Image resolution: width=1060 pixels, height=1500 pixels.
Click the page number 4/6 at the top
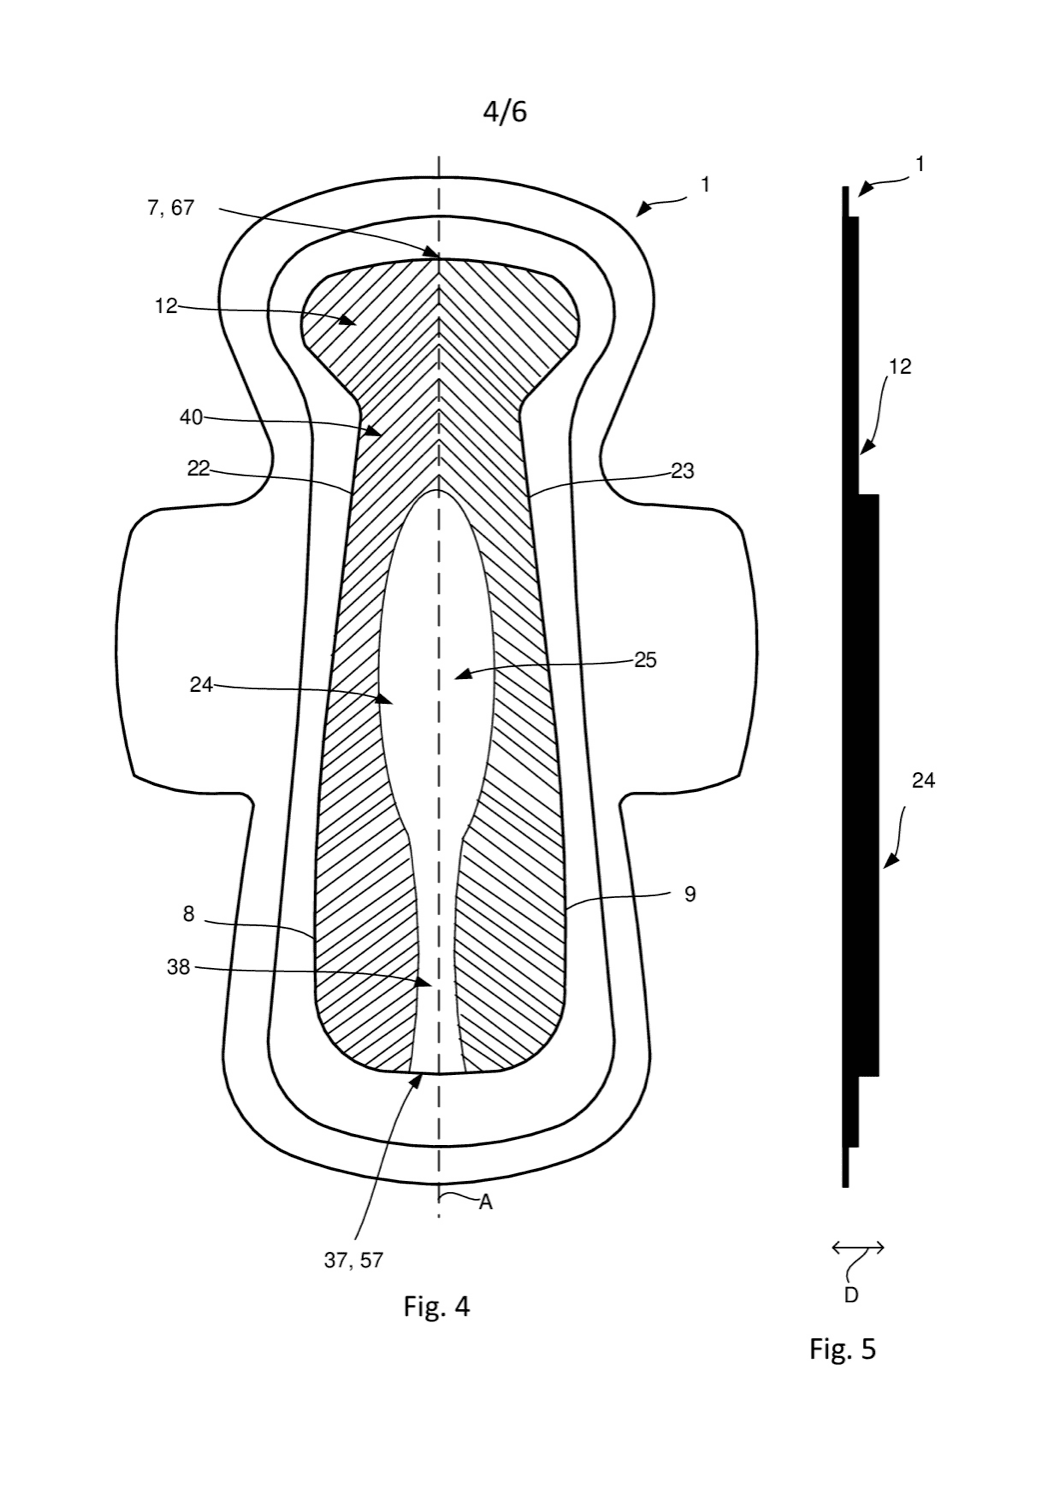tap(505, 112)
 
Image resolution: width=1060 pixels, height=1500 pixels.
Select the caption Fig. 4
tap(437, 1306)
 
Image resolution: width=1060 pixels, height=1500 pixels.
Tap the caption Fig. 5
tap(842, 1348)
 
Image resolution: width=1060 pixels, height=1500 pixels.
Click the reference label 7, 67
tap(171, 208)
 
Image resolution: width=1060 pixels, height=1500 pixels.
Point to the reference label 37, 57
tap(354, 1260)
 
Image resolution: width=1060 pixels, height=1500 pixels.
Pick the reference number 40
tap(191, 417)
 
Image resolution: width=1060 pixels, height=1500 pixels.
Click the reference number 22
tap(198, 469)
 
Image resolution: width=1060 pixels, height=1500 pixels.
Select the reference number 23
tap(682, 471)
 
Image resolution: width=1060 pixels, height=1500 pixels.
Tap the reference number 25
tap(646, 661)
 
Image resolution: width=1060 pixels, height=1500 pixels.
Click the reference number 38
tap(179, 968)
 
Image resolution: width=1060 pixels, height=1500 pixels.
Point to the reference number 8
tap(189, 914)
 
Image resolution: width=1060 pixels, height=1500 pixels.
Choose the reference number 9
tap(690, 894)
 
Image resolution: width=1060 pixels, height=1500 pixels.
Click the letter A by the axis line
tap(486, 1203)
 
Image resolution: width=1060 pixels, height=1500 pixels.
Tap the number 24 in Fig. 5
tap(923, 780)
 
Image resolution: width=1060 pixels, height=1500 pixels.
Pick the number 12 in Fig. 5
tap(901, 366)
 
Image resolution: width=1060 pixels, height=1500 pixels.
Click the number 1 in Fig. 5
tap(920, 164)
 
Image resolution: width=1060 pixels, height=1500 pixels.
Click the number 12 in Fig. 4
tap(166, 306)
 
